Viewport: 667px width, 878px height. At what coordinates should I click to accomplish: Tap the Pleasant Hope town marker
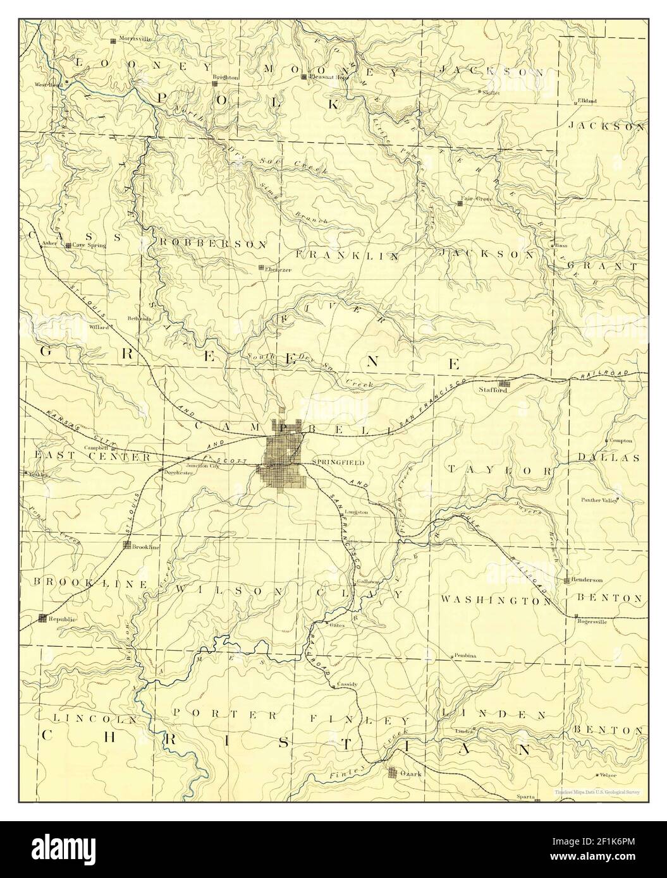[x=304, y=77]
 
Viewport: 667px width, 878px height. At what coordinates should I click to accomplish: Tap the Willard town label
[x=99, y=327]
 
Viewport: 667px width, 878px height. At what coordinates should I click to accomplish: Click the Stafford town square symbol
[x=504, y=383]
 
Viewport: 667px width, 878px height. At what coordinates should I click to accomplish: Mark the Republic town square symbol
[x=42, y=618]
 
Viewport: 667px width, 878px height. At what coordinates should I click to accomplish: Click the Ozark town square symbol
[x=393, y=773]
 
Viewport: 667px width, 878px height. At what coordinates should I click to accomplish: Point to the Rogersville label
[x=592, y=620]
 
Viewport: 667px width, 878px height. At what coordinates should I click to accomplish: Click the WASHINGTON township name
[x=496, y=601]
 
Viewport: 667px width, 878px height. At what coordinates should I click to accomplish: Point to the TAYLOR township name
[x=500, y=471]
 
